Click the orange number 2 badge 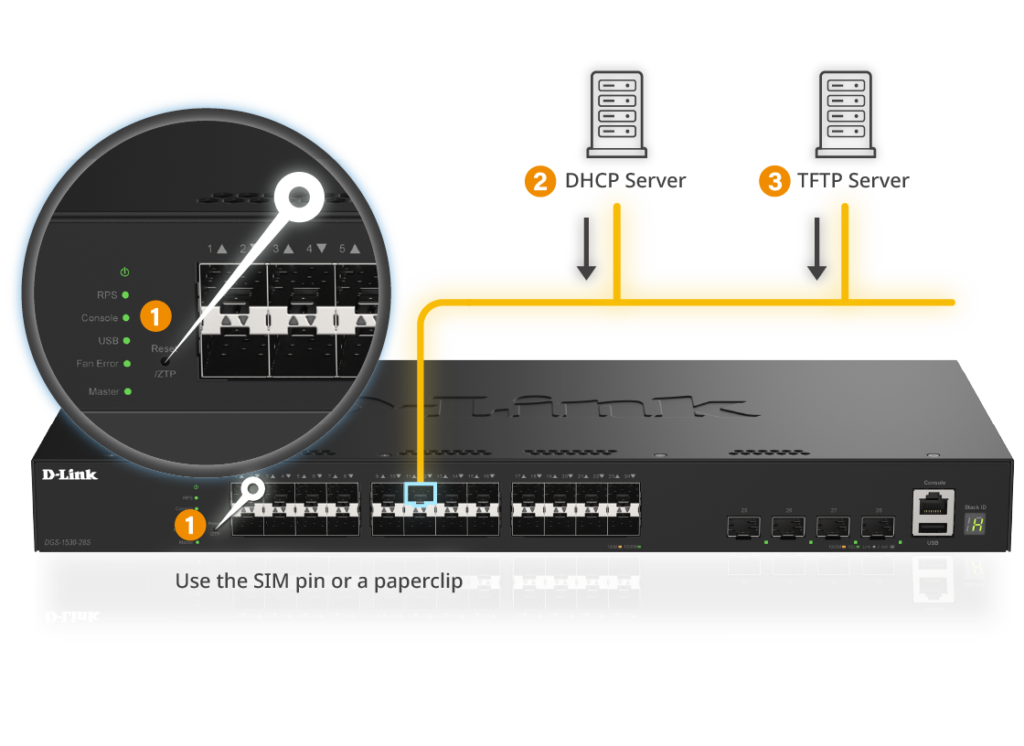point(540,182)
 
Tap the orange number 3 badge point(775,182)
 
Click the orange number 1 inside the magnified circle point(155,317)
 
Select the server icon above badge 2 point(617,113)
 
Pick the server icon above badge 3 point(846,113)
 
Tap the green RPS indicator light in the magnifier point(125,295)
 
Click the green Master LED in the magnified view point(127,391)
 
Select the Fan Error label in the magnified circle point(98,364)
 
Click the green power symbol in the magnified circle point(125,272)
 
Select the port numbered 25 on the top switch point(743,527)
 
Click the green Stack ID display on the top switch point(974,524)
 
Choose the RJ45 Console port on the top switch point(933,502)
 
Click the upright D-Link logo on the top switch point(69,474)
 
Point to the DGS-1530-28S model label point(68,542)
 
